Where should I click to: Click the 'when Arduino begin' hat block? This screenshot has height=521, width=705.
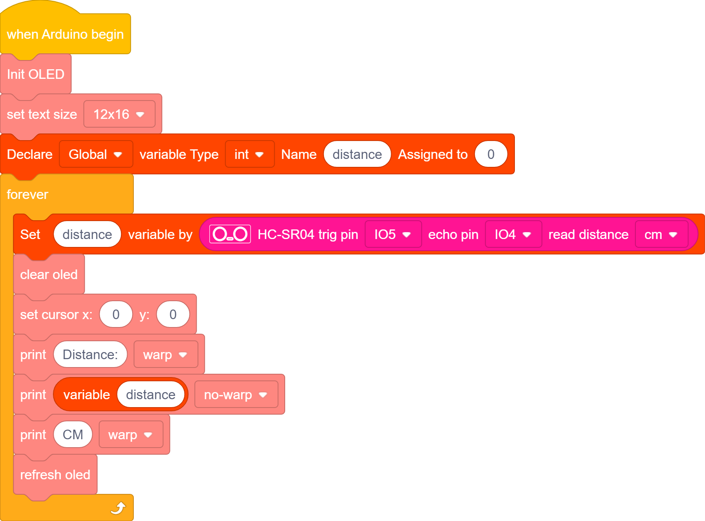point(65,34)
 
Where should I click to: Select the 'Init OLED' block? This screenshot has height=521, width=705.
point(35,74)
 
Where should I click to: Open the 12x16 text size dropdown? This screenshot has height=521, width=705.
point(119,114)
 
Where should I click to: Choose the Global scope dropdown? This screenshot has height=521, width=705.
point(95,154)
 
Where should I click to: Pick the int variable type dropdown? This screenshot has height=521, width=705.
point(249,154)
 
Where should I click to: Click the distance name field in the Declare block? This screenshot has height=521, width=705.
point(357,154)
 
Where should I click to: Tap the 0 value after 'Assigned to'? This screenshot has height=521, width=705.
point(491,154)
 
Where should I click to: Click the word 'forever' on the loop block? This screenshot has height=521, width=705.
point(28,194)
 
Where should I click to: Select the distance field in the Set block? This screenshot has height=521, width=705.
point(87,234)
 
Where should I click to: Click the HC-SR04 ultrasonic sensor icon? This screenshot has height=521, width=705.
point(230,234)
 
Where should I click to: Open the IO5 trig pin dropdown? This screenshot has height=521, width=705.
point(393,234)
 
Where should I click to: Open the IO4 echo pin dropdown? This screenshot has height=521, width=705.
point(513,234)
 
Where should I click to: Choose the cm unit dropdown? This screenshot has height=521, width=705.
point(662,234)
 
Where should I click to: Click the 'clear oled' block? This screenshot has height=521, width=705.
point(49,274)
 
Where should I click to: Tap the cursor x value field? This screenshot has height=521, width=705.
point(116,315)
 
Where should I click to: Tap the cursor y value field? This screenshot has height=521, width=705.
point(173,315)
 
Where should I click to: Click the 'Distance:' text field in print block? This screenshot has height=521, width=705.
point(90,355)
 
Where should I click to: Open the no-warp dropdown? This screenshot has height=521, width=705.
point(236,395)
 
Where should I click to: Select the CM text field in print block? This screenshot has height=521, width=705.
point(73,435)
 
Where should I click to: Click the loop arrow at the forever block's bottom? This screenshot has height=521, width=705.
point(118,508)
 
